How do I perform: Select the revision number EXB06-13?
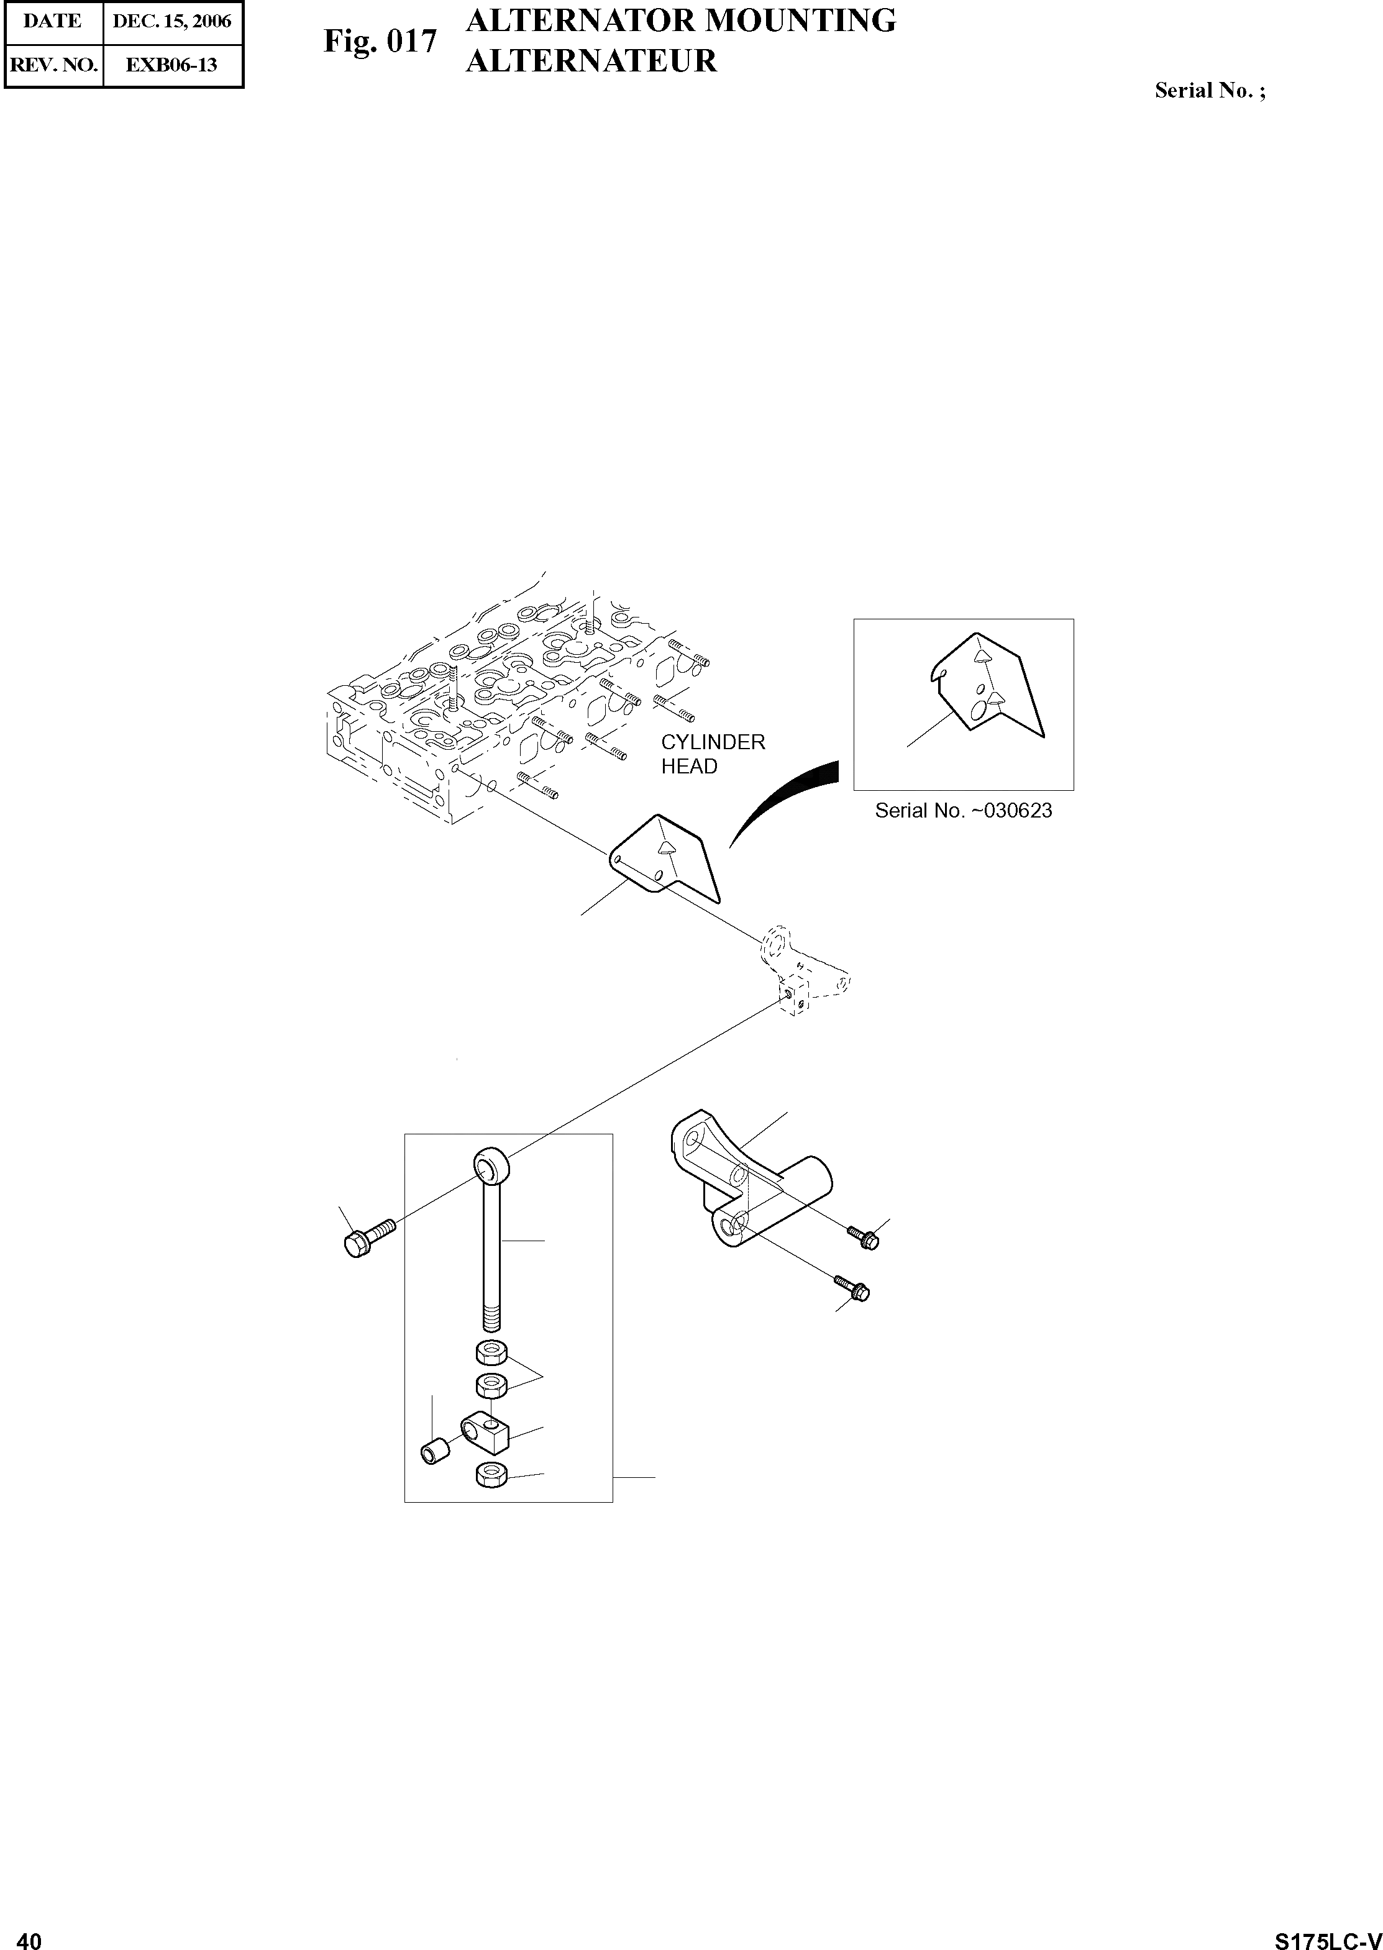pos(172,65)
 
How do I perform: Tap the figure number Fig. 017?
pos(380,41)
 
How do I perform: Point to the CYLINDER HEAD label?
pos(713,754)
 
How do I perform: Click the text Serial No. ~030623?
pos(963,811)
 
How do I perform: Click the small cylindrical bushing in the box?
pos(434,1449)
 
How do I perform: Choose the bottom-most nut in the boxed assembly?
pos(491,1474)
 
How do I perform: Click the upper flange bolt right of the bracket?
pos(863,1237)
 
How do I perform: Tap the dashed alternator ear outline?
pos(800,971)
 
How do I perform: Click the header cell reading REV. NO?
pos(53,65)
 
